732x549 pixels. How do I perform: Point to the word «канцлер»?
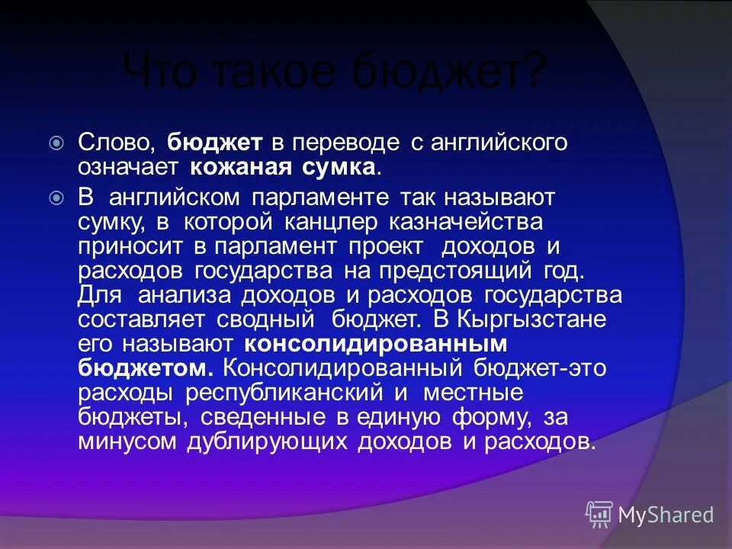(x=334, y=222)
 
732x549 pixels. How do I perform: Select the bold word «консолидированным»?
(x=376, y=344)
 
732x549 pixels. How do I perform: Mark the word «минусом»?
(x=124, y=441)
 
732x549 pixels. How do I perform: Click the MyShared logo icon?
(x=599, y=515)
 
